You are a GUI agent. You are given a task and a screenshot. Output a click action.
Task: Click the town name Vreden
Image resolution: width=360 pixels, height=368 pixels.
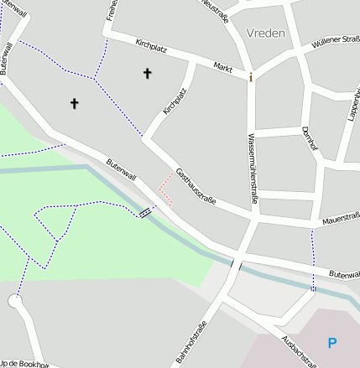[x=266, y=34]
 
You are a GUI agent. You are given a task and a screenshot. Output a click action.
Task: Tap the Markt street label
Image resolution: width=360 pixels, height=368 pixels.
[x=222, y=66]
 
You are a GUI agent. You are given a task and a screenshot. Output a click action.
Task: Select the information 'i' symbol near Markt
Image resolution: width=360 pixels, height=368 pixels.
[x=250, y=77]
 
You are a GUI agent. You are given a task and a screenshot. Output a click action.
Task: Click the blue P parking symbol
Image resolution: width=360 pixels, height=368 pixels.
[x=332, y=342]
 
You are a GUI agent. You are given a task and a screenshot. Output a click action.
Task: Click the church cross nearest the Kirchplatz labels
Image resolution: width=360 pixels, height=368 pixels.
[x=148, y=74]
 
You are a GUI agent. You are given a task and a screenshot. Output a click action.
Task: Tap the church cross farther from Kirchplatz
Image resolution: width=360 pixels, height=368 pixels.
[x=74, y=103]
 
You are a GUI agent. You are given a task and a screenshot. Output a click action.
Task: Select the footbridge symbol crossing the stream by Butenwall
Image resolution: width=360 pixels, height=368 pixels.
[x=147, y=211]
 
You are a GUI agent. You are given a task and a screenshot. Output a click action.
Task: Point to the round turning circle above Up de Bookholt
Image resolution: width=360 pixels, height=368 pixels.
[x=14, y=302]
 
